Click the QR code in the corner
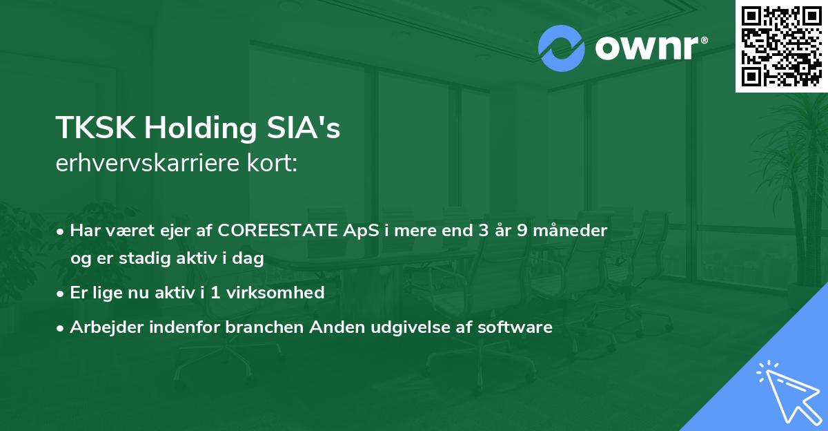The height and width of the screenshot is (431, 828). (x=781, y=46)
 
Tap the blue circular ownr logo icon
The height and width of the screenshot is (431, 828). (x=561, y=48)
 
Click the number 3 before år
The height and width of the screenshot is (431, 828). (x=473, y=231)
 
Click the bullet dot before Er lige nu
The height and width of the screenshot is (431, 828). (x=61, y=293)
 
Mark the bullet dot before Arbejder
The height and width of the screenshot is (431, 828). (x=61, y=327)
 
